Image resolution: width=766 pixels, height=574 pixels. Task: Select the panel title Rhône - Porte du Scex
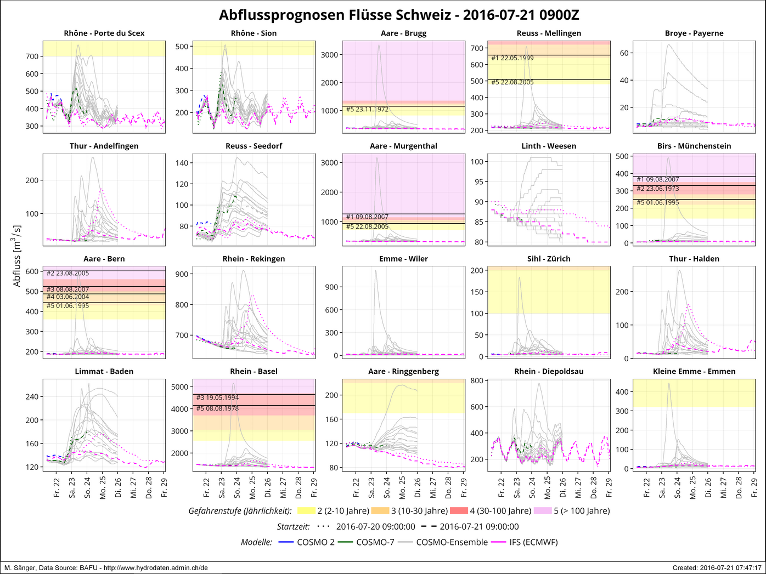(104, 33)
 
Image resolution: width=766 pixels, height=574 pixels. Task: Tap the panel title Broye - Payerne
(694, 33)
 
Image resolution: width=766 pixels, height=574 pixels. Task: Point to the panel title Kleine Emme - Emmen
(694, 371)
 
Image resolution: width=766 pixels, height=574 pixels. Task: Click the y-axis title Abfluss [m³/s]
(17, 255)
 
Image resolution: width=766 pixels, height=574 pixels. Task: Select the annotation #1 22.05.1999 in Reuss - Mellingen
(512, 58)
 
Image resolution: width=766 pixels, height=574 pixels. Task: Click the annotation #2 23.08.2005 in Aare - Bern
(67, 273)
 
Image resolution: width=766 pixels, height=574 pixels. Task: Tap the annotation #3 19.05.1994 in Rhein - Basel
(218, 397)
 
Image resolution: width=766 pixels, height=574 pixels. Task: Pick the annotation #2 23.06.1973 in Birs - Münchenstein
(657, 189)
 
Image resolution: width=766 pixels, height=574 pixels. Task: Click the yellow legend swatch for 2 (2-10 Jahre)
(306, 511)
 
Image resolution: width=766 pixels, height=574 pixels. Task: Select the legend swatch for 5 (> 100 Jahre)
(542, 511)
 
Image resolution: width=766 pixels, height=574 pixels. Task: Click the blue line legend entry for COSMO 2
(286, 542)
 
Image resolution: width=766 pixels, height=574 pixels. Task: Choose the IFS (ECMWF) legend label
(533, 542)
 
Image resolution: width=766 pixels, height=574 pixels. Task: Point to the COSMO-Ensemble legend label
(452, 542)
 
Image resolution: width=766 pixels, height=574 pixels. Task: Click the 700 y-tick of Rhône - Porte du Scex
(32, 56)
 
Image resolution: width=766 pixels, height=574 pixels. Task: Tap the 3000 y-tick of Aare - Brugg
(329, 55)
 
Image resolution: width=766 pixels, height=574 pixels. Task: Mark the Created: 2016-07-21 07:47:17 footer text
(717, 568)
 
